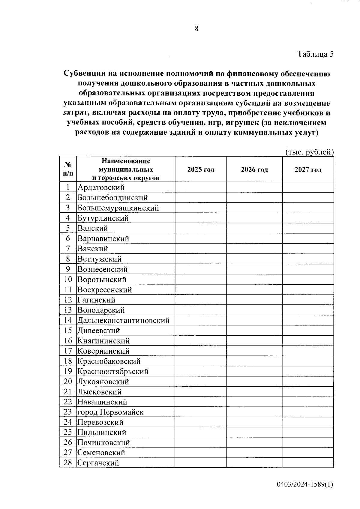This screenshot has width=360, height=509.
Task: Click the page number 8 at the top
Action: point(196,29)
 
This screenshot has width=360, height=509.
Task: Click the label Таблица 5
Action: point(315,54)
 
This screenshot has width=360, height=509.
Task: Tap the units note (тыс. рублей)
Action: point(309,152)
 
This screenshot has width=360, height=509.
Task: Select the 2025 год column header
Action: point(201,169)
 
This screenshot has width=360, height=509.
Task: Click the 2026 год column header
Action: point(254,169)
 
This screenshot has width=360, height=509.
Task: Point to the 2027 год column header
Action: point(308,169)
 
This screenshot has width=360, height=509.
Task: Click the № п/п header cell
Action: point(68,169)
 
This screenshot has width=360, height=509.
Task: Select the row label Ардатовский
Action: point(101,187)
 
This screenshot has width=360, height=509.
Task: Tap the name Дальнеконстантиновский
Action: point(123,321)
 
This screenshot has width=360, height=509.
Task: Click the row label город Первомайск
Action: point(110,412)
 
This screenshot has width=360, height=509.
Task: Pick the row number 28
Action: point(68,463)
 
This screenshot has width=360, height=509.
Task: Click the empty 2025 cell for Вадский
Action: point(201,228)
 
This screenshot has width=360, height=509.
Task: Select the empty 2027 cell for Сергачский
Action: point(308,463)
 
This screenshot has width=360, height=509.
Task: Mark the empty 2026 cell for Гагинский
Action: point(254,300)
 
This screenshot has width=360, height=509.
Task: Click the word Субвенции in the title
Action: point(84,73)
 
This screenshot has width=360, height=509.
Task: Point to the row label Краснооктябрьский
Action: point(113,372)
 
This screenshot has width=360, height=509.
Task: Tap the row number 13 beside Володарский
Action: point(68,310)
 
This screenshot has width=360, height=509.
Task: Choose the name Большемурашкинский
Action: point(118,208)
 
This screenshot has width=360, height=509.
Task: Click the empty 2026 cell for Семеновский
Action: point(254,452)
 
